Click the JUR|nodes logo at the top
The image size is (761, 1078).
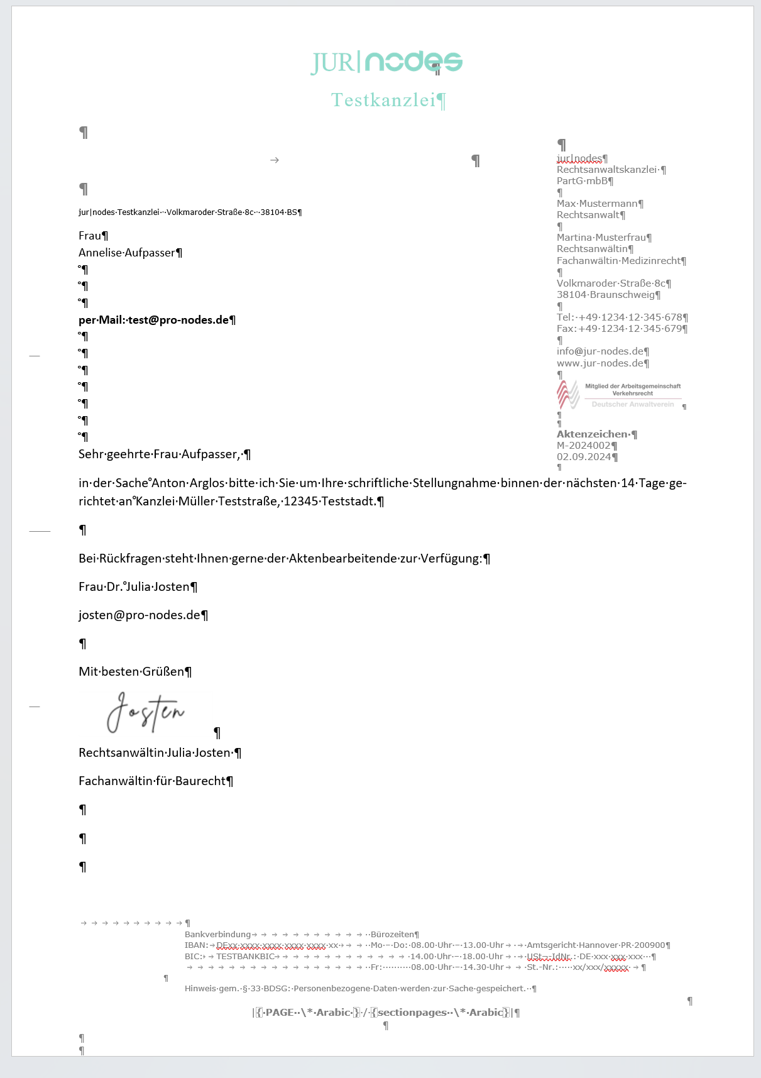coord(386,62)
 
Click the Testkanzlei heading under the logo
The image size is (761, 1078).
coord(383,100)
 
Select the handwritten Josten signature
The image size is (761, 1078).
coord(146,713)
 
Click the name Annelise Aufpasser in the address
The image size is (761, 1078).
coord(127,253)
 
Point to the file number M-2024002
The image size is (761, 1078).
coord(583,446)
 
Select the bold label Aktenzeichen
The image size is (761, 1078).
coord(593,434)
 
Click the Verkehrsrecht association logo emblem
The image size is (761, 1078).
coord(568,395)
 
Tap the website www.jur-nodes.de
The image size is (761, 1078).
coord(600,363)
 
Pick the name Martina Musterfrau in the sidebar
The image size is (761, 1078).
coord(601,238)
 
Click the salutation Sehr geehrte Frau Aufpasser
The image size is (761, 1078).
coord(160,454)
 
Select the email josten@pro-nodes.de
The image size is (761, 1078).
coord(140,615)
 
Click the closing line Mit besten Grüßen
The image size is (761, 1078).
coord(131,672)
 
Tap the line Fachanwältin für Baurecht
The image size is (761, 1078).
coord(152,781)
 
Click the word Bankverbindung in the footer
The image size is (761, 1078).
coord(217,935)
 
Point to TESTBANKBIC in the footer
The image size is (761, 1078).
coord(245,957)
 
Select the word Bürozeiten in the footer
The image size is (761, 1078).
coord(392,935)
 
